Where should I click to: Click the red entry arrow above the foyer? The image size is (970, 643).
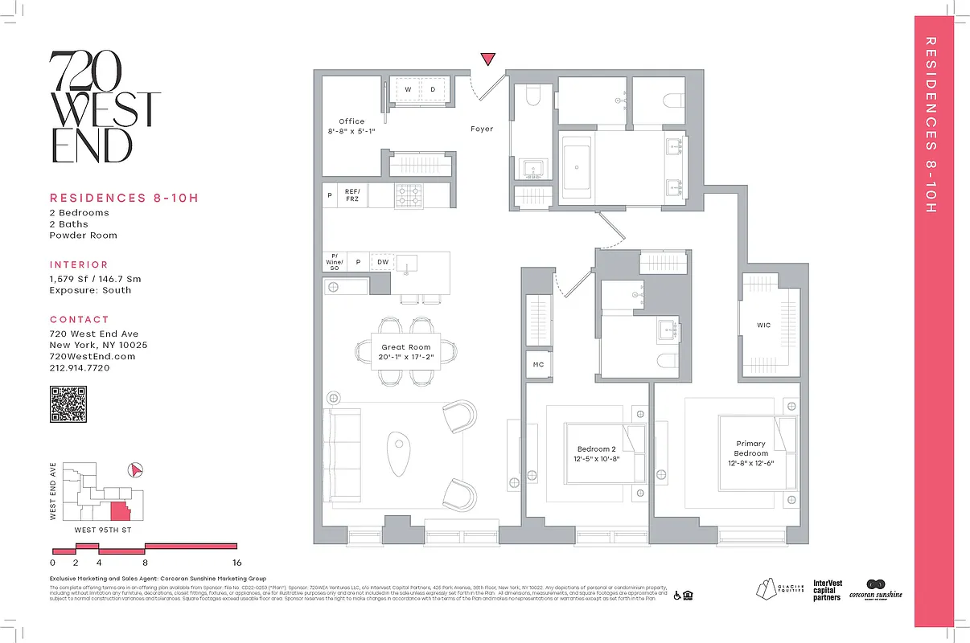coord(487,59)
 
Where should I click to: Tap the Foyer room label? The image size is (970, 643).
coord(482,129)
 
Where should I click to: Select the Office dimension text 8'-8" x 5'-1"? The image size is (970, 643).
coord(351,132)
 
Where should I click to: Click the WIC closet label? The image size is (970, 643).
coord(763,326)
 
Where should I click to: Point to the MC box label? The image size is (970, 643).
coord(538,364)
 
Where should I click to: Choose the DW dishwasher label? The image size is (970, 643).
coord(383,262)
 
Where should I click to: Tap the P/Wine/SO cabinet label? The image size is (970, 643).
coord(334,262)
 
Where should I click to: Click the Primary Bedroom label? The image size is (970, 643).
coord(750,448)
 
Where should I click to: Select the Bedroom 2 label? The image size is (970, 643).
coord(596,449)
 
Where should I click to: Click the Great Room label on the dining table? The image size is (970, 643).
coord(406,347)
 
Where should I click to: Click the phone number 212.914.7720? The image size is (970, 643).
coord(80,368)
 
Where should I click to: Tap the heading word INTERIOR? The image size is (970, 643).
coord(79,264)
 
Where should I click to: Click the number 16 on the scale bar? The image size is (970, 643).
coord(236,563)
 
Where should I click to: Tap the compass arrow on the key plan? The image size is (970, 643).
coord(136,470)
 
